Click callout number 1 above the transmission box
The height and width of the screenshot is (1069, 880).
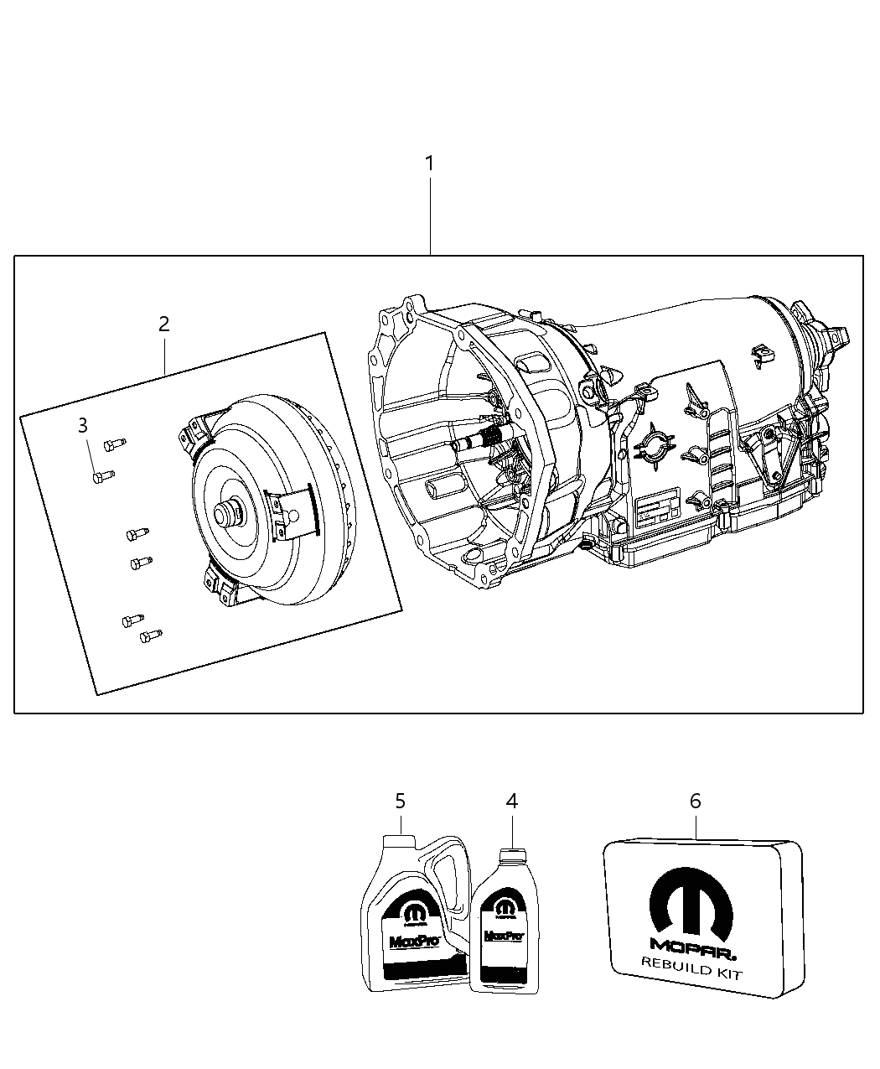pos(429,163)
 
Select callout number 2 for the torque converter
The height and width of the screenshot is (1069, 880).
pos(164,324)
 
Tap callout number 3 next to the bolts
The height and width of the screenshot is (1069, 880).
pos(82,426)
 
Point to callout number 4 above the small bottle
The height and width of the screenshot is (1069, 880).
pos(511,802)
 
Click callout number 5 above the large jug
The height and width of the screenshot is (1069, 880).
pos(400,802)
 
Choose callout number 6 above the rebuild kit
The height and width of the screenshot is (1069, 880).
pos(695,802)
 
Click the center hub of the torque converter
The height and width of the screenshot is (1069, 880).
pos(226,513)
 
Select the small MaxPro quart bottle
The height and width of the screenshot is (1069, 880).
pos(504,931)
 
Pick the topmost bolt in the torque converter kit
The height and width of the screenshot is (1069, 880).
pos(113,443)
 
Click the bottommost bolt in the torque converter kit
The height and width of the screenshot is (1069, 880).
pos(150,636)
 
